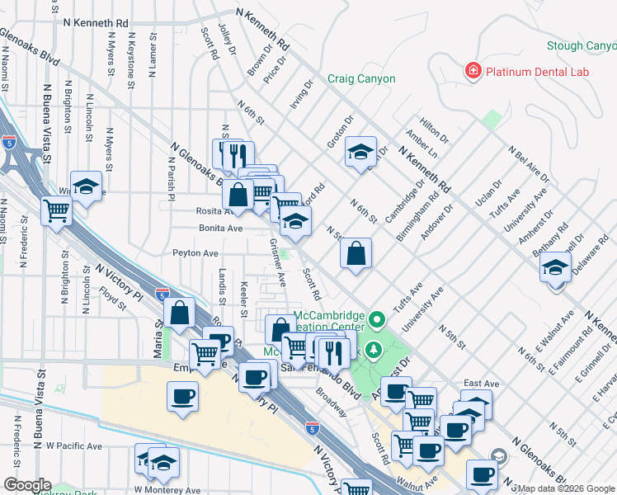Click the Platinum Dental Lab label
click(537, 72)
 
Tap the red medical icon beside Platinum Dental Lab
click(473, 72)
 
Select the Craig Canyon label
click(361, 79)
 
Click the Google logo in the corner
click(27, 485)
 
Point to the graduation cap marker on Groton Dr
click(360, 153)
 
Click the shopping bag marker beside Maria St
click(180, 313)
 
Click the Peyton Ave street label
click(195, 253)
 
